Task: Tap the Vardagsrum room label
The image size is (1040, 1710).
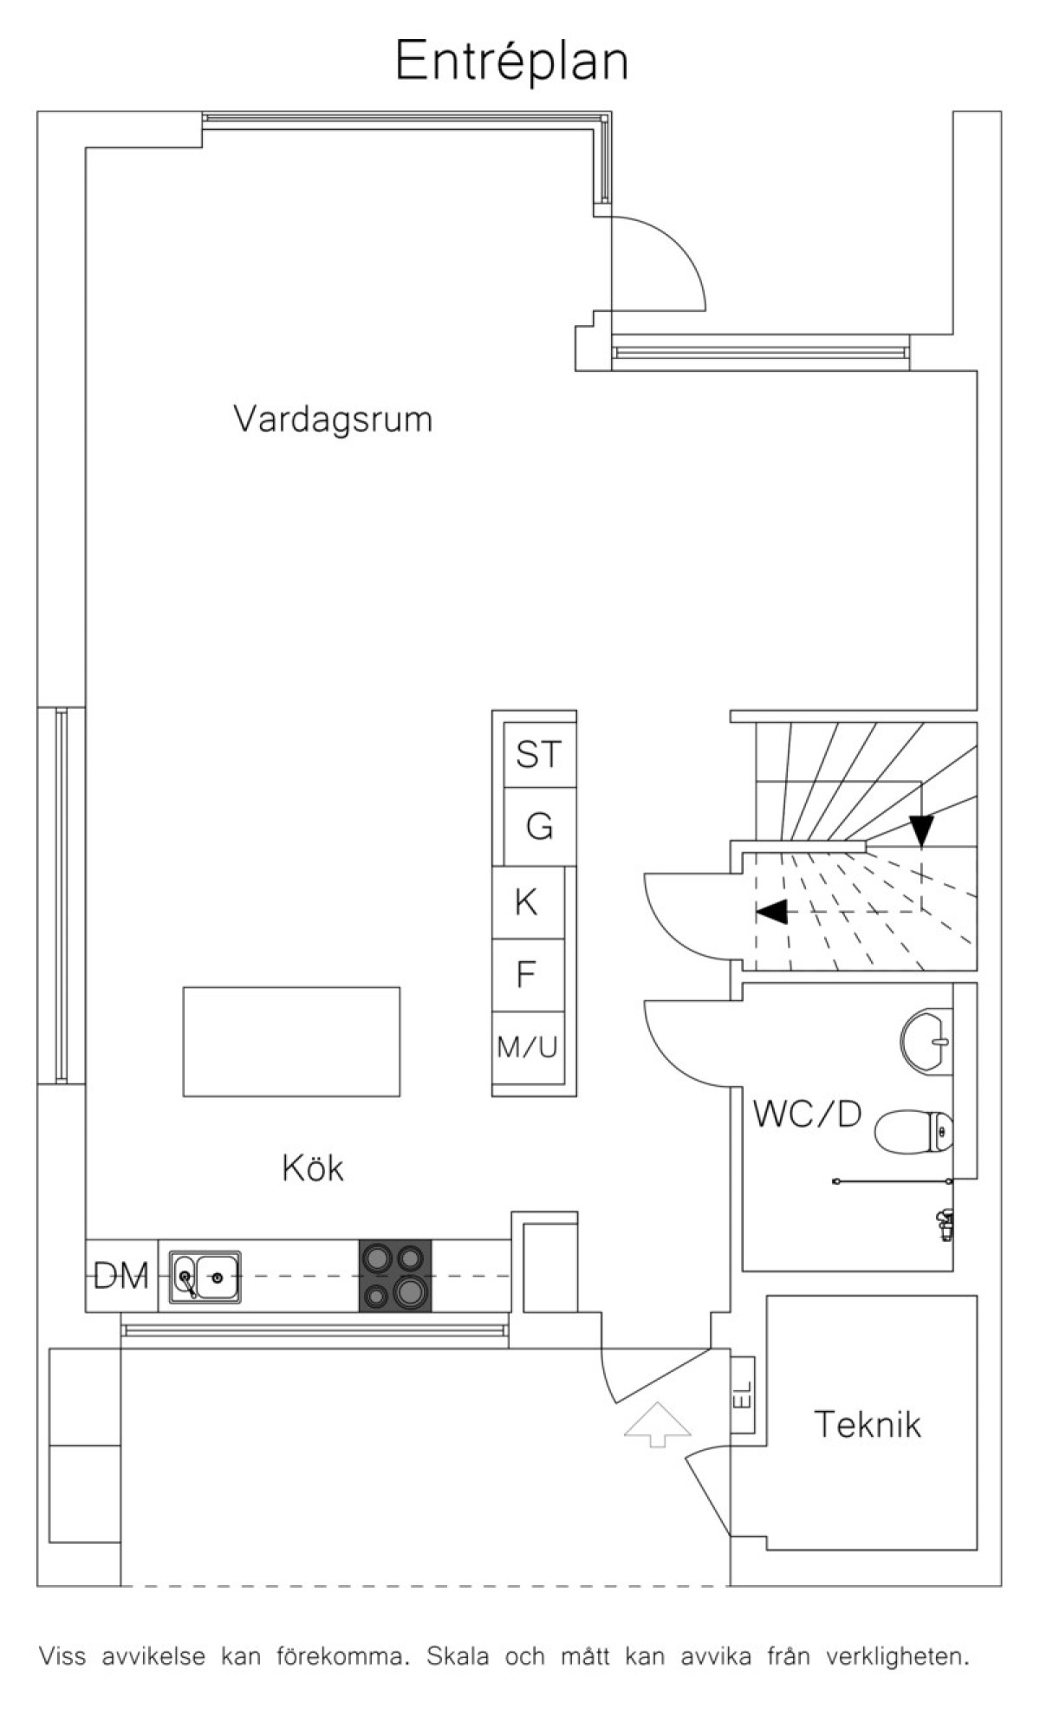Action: (x=333, y=419)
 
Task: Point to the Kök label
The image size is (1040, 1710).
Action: (x=313, y=1167)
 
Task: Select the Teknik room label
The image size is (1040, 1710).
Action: (x=868, y=1424)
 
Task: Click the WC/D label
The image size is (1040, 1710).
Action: (x=808, y=1114)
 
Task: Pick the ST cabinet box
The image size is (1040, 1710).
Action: (x=540, y=755)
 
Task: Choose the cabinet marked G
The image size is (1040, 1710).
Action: (x=540, y=827)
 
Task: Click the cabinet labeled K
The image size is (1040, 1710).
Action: (x=528, y=902)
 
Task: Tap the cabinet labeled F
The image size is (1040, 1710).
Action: (x=528, y=975)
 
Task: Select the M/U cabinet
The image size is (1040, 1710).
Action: (x=528, y=1047)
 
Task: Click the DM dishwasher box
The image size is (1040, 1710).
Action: (x=121, y=1276)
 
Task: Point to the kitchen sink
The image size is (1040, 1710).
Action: (x=205, y=1277)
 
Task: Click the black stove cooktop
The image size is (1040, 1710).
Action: (x=395, y=1276)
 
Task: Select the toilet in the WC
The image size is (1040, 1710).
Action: (x=913, y=1131)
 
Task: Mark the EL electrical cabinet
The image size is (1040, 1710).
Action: (x=743, y=1394)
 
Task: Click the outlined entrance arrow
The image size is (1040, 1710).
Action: (x=658, y=1424)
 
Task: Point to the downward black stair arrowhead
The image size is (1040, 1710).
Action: (x=921, y=831)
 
